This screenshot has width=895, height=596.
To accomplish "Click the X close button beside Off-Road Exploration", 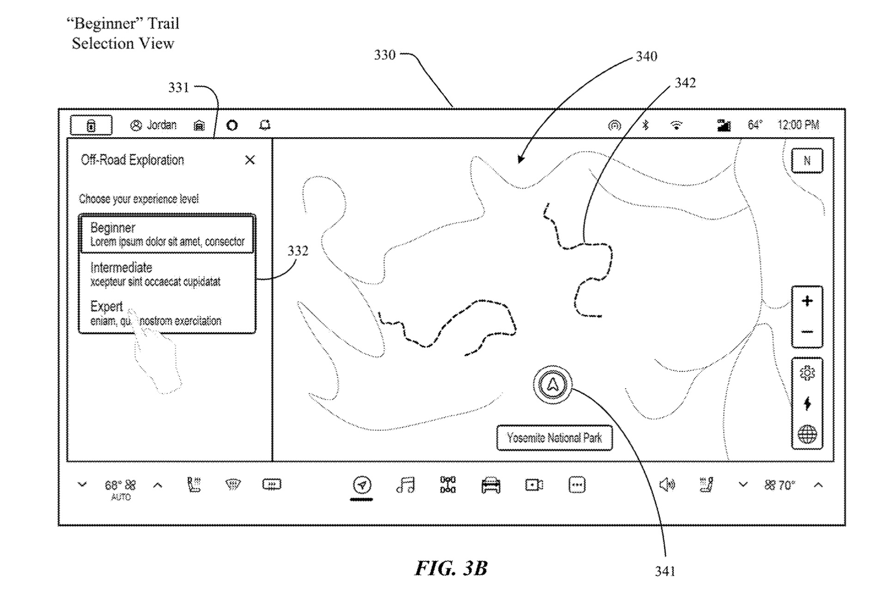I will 250,160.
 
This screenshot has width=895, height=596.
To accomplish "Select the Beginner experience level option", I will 167,235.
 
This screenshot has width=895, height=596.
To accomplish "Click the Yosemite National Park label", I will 554,438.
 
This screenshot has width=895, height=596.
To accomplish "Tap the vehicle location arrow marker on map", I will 553,385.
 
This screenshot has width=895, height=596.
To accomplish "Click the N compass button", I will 807,161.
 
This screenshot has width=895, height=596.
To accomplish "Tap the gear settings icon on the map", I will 807,373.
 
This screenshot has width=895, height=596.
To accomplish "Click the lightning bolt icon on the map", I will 807,403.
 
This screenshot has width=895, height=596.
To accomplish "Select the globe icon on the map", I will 807,434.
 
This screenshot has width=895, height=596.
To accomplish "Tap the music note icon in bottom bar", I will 406,485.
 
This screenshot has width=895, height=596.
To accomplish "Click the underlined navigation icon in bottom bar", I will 362,485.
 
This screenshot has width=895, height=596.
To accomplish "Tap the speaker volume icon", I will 666,485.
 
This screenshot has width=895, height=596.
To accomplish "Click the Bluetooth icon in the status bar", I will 646,125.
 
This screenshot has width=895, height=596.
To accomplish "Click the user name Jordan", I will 161,125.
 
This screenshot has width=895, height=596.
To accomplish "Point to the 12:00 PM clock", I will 798,125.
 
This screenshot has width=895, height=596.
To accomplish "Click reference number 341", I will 665,572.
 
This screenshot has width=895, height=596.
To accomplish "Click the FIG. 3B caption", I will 451,568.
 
